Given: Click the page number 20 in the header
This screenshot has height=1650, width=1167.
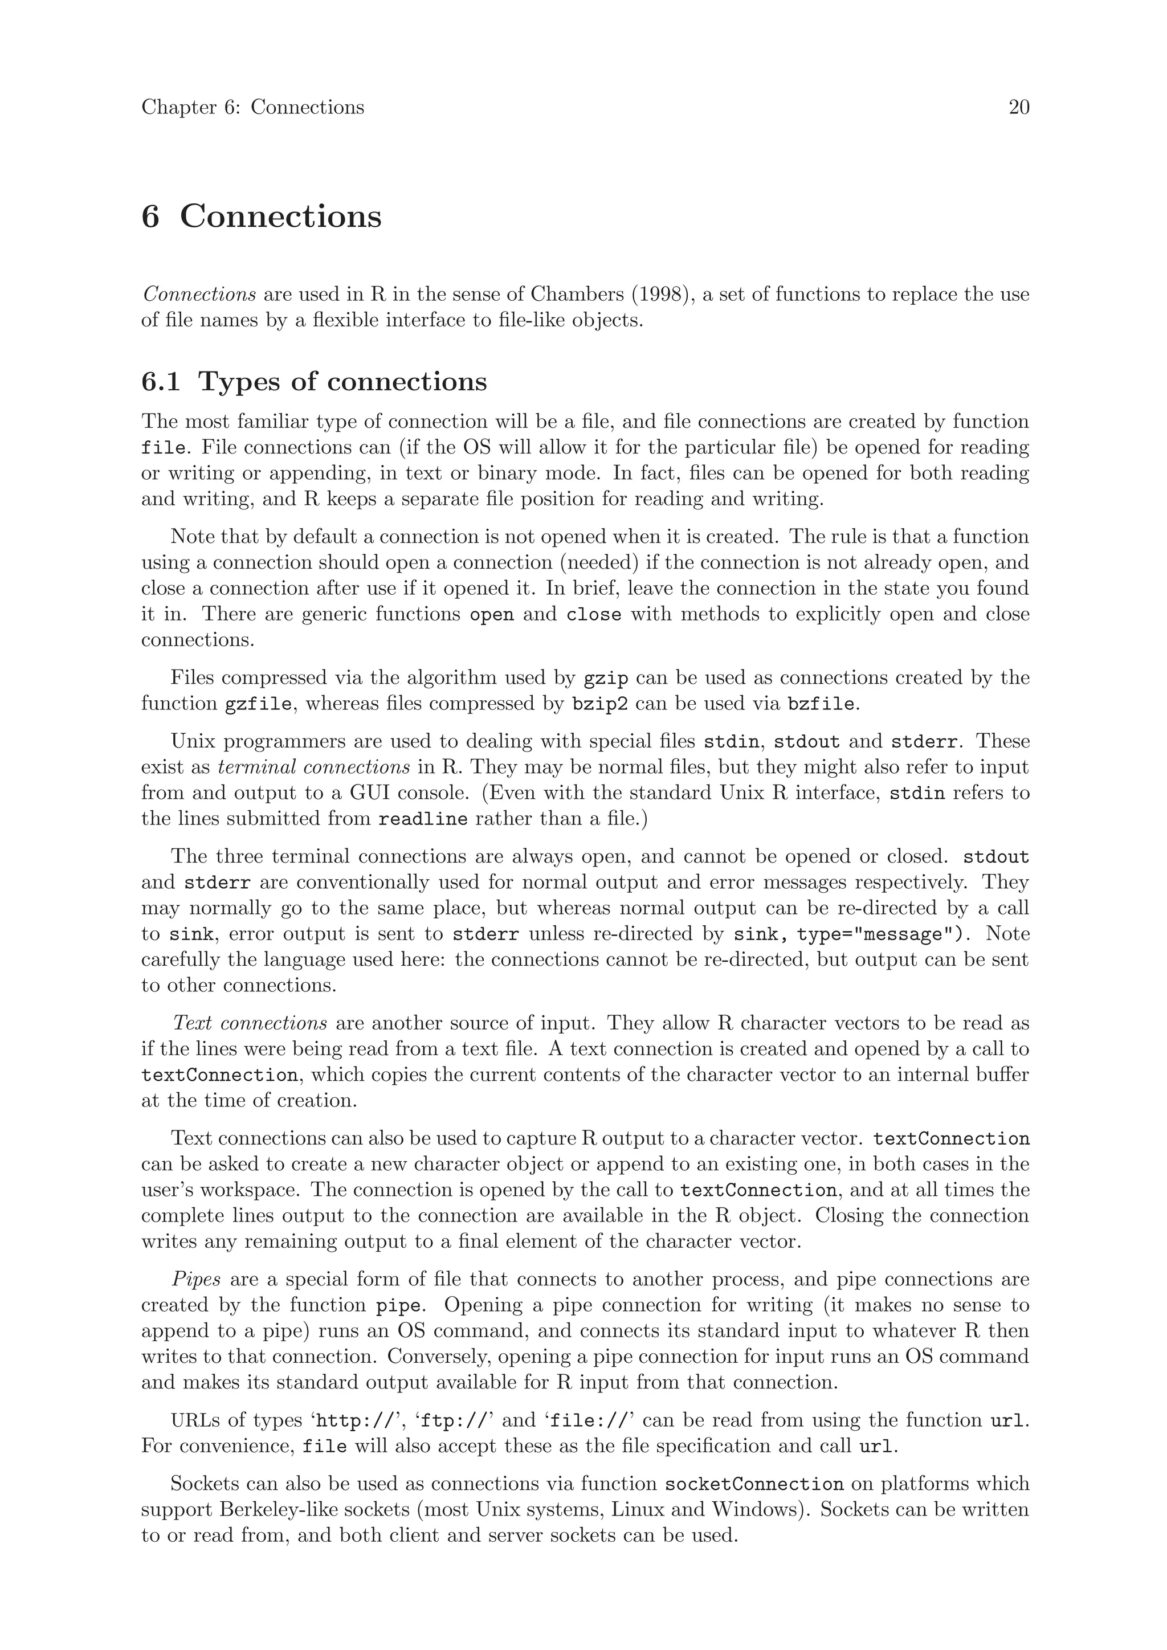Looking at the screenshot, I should point(1018,108).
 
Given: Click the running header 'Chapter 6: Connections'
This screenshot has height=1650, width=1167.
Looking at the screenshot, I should point(252,108).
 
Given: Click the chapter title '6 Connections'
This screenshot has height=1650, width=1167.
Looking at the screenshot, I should point(262,217).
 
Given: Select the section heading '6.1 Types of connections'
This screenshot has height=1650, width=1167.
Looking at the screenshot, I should point(314,382).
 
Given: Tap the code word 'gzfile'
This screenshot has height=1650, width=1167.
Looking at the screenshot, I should point(259,704).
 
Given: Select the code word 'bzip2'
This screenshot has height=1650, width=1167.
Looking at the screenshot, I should point(600,704).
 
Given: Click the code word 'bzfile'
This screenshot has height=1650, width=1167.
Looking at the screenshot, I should point(821,704).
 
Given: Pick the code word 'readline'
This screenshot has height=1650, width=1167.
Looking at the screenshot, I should point(423,819).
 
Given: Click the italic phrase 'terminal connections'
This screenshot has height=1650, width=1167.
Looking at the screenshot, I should point(314,767).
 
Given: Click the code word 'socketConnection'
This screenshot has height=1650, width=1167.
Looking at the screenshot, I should point(754,1485).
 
